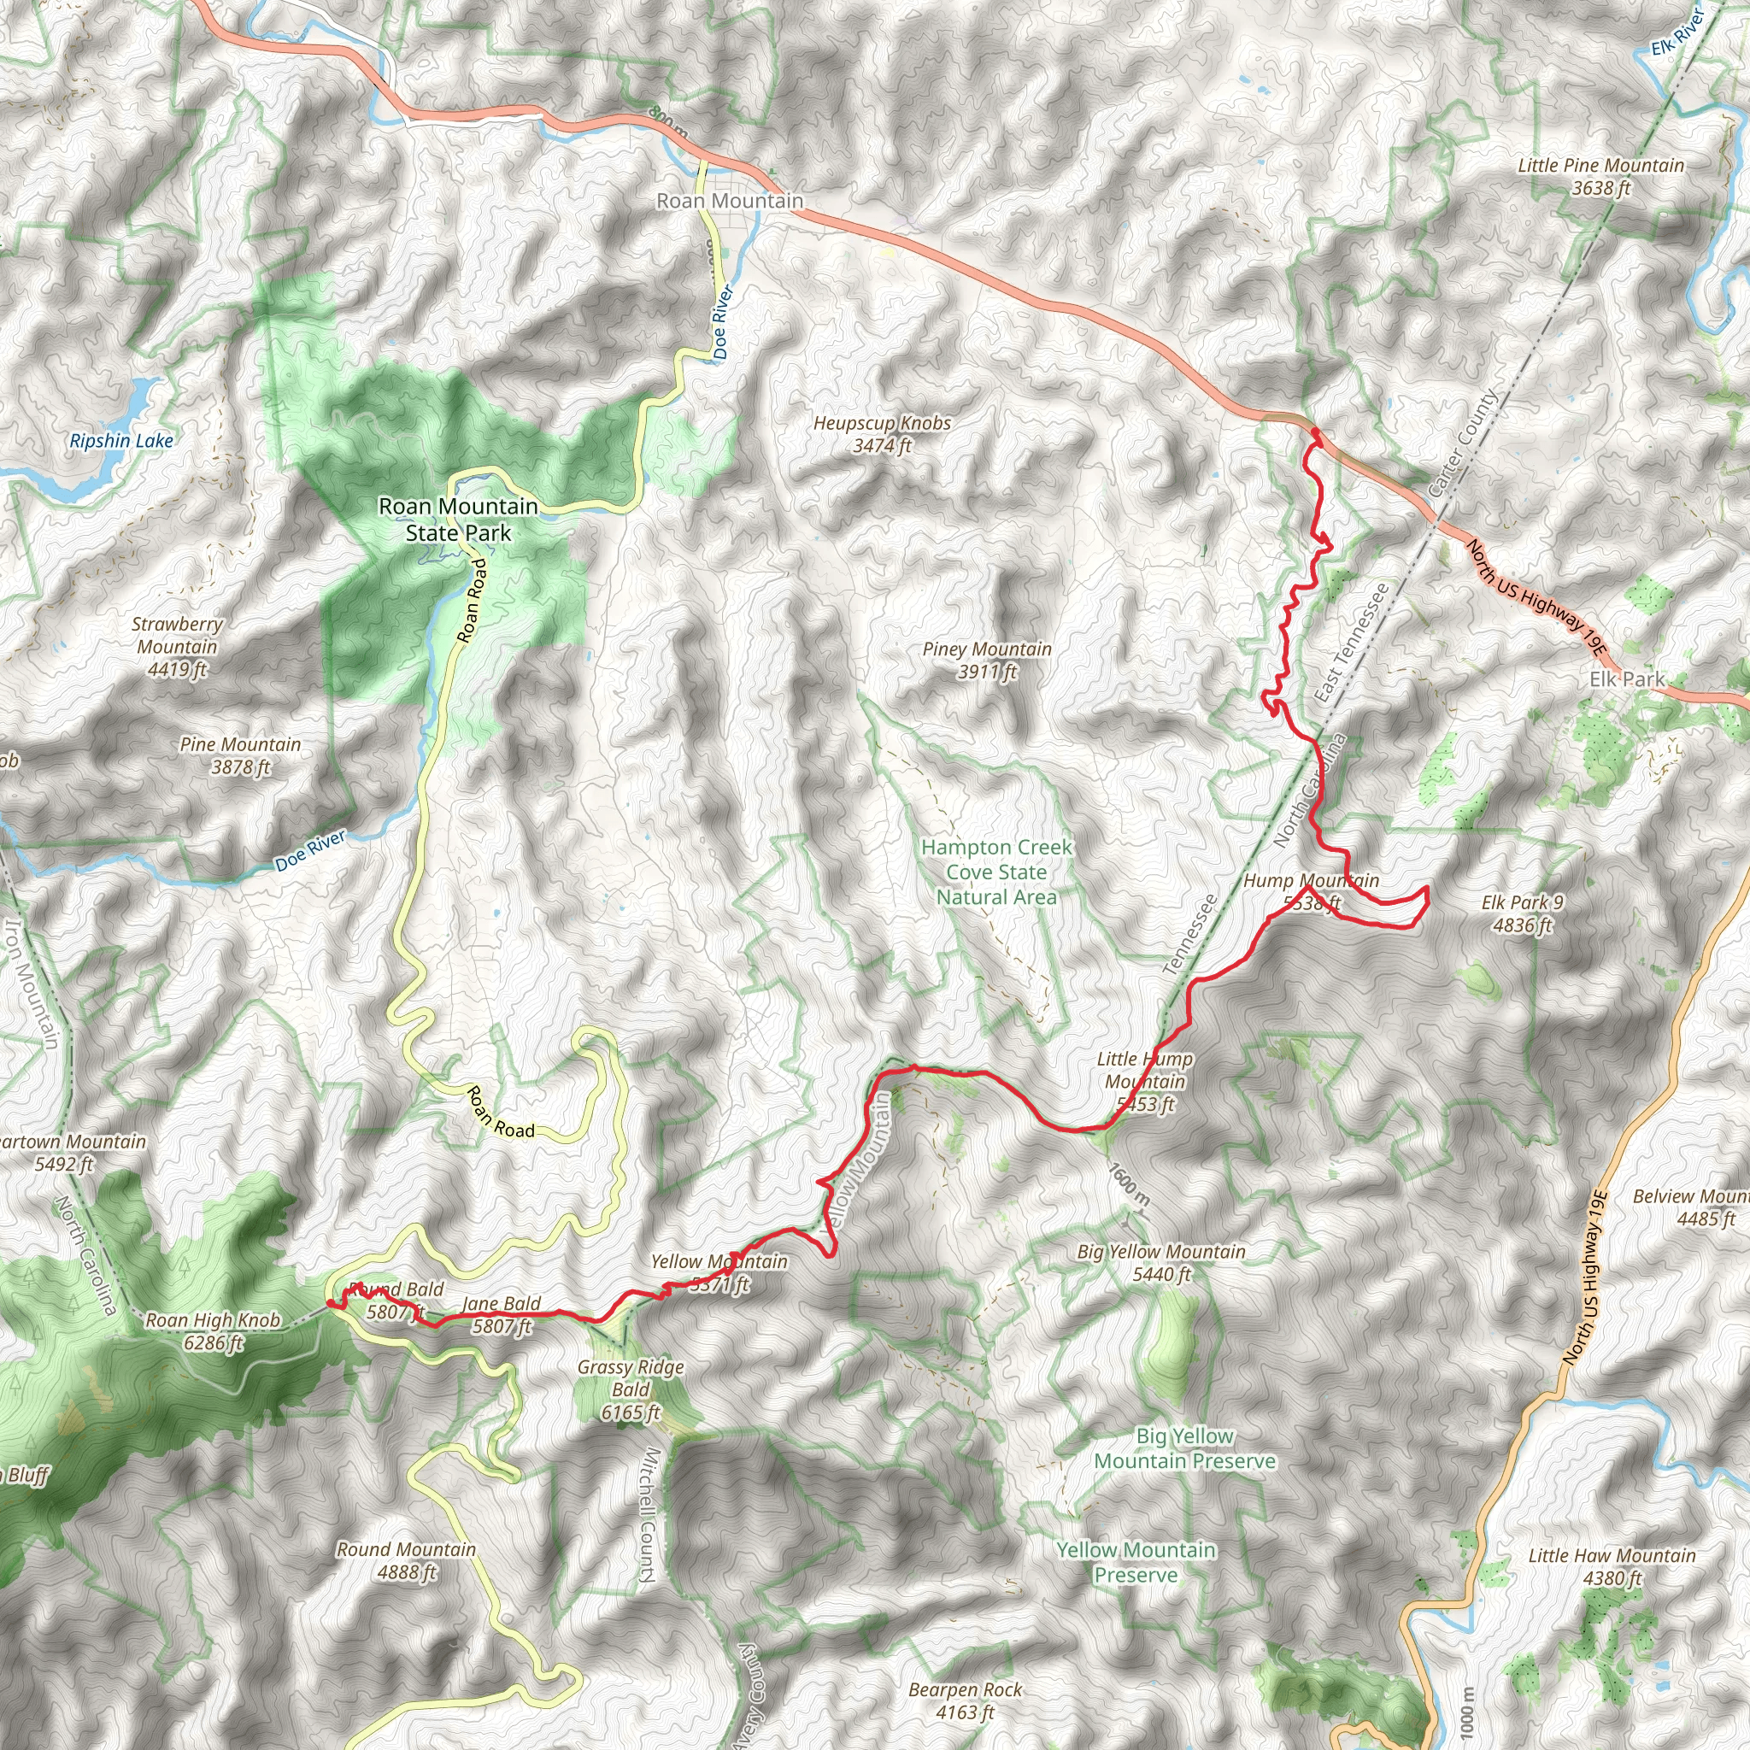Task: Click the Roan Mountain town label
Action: (729, 201)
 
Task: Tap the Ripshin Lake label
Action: (121, 441)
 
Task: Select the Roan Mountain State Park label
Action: (458, 520)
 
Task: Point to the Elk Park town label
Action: (1627, 679)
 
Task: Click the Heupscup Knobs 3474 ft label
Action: (881, 434)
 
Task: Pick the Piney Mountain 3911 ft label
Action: (986, 661)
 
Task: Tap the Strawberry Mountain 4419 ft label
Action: (177, 647)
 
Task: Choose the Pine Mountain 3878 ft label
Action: (240, 755)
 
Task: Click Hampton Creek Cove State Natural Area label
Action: (996, 872)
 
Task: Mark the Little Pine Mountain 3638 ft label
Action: (1600, 177)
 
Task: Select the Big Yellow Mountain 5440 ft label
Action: (1160, 1263)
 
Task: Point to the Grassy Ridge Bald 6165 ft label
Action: (631, 1389)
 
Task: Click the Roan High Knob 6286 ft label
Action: (213, 1330)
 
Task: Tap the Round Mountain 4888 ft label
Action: (406, 1560)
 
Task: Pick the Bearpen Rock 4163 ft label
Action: (965, 1701)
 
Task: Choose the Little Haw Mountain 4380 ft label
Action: (1612, 1567)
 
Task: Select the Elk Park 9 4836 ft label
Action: (1522, 913)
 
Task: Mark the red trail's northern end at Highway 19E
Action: (1313, 436)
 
